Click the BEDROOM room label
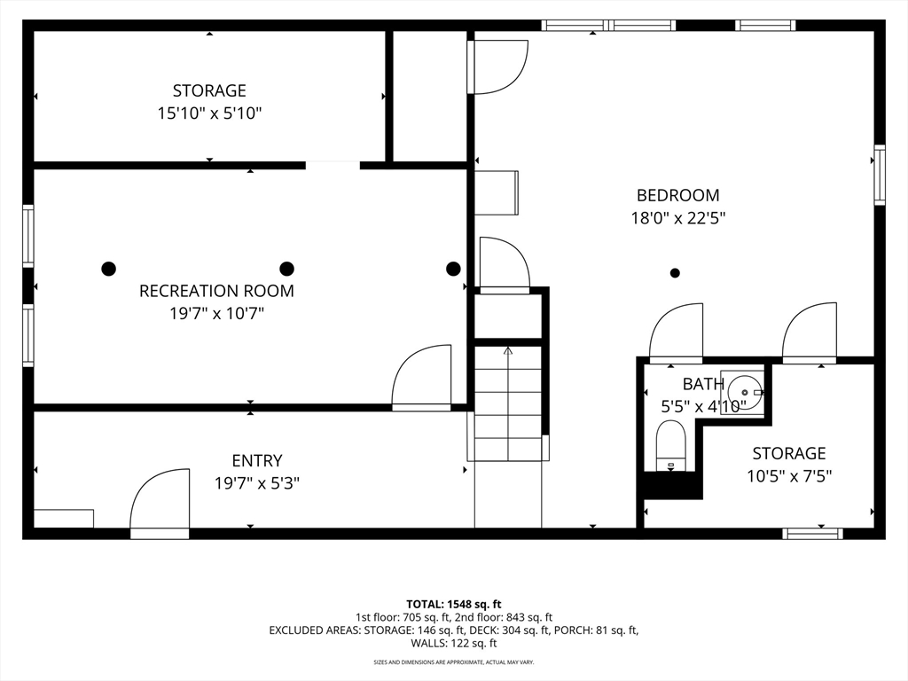[x=677, y=195]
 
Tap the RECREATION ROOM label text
[x=216, y=291]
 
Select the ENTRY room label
[x=257, y=460]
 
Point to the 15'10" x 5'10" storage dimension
[x=209, y=113]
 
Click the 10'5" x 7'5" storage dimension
[x=789, y=476]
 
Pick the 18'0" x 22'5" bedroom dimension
[x=678, y=218]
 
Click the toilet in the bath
[x=671, y=445]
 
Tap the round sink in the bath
[x=745, y=393]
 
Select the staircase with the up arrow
[x=508, y=403]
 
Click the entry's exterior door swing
[x=160, y=503]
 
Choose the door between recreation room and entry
[x=421, y=378]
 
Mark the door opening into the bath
[x=676, y=333]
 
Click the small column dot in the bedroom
[x=675, y=273]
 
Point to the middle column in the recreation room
[x=286, y=269]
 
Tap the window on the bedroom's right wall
[x=880, y=175]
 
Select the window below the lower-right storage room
[x=812, y=533]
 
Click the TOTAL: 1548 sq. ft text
[x=453, y=605]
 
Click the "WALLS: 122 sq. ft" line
[x=454, y=643]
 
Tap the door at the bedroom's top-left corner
[x=500, y=66]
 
